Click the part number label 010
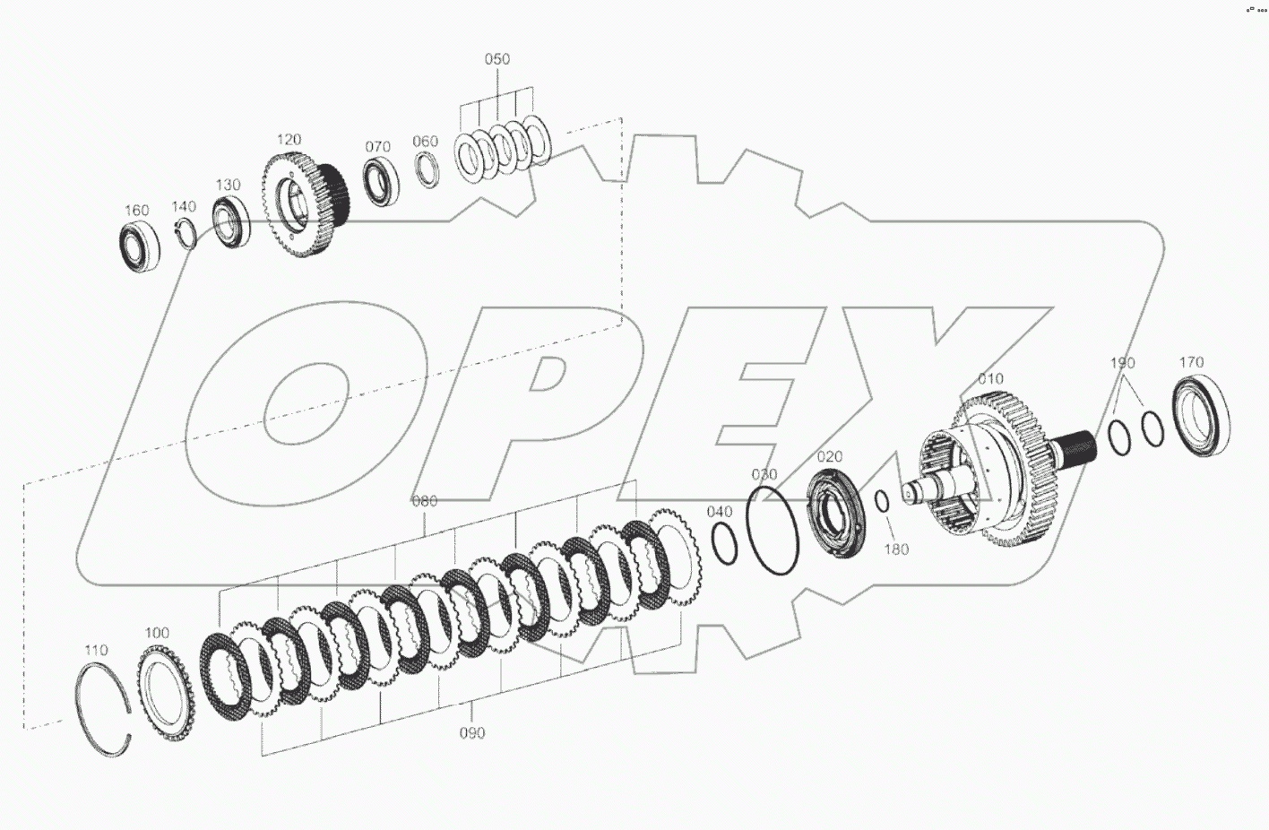pos(990,379)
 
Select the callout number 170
pos(1191,363)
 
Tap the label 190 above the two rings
pos(1122,363)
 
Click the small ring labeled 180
pos(882,503)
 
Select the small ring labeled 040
pos(725,544)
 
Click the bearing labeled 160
pos(140,245)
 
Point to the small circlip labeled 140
pos(185,230)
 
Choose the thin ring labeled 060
pos(427,170)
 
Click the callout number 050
pos(496,59)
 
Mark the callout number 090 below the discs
pos(471,733)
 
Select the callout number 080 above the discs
pos(424,502)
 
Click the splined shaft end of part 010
pos(1076,445)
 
